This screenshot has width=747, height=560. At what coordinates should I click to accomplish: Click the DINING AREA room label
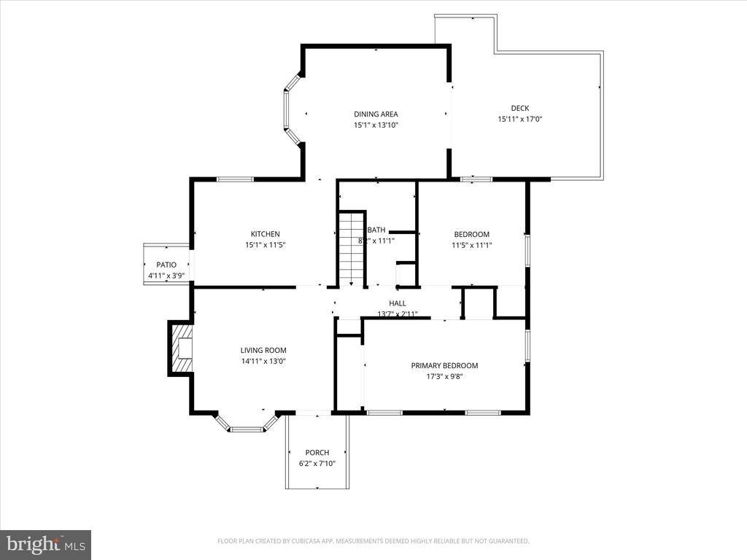(x=376, y=114)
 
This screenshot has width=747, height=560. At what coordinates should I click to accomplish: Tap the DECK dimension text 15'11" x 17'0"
(x=519, y=119)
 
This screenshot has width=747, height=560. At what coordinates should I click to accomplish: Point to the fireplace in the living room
(x=181, y=349)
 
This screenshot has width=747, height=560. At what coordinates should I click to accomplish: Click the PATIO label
(x=166, y=265)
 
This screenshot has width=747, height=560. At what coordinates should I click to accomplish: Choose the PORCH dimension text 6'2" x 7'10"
(x=317, y=463)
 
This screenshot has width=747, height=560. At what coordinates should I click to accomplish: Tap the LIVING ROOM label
(x=263, y=350)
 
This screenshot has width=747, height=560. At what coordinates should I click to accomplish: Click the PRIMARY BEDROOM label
(x=444, y=365)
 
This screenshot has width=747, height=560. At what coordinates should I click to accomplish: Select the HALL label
(x=398, y=303)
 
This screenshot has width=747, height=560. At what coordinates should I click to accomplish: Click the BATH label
(x=376, y=230)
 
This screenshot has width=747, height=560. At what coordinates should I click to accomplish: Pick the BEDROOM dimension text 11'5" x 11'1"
(x=471, y=245)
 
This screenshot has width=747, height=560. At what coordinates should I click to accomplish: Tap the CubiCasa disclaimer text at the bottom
(x=373, y=541)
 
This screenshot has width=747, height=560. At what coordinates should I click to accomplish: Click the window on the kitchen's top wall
(x=235, y=179)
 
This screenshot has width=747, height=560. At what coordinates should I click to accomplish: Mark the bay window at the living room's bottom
(x=247, y=427)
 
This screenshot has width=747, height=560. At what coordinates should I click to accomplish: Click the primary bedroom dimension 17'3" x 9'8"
(x=444, y=377)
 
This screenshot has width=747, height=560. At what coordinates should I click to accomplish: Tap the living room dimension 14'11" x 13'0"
(x=263, y=361)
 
